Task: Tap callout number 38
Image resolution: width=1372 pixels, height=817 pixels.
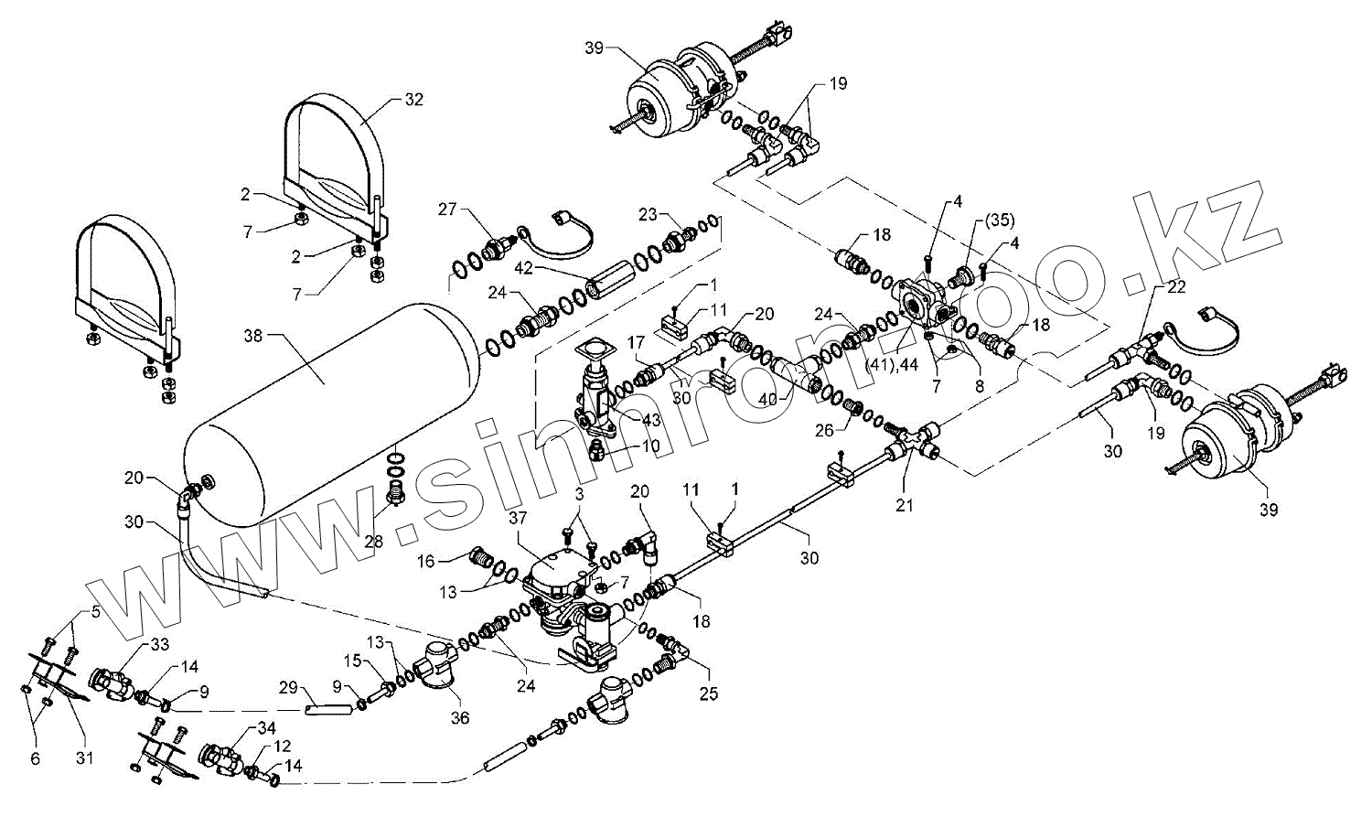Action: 252,336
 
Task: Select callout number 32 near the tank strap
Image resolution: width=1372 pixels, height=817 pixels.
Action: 413,101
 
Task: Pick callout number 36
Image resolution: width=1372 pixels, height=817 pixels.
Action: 460,718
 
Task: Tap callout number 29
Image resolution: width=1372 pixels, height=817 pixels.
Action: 288,686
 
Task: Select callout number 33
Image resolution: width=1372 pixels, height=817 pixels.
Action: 159,645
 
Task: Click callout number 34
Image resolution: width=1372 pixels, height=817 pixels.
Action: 240,728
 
